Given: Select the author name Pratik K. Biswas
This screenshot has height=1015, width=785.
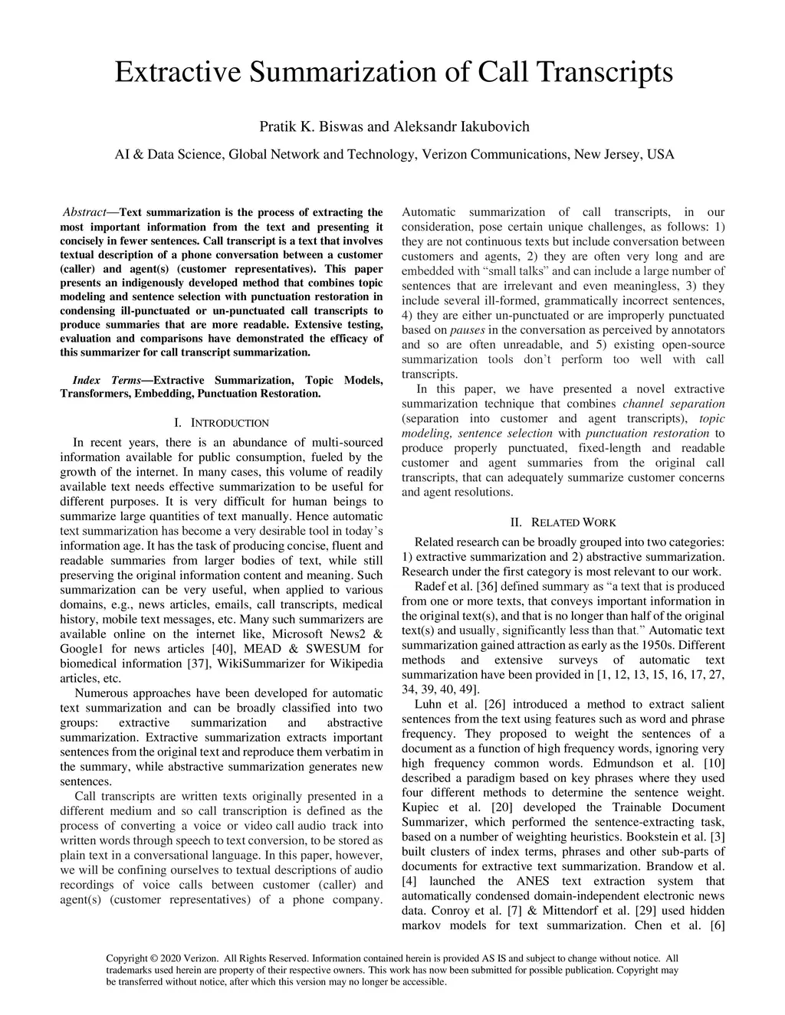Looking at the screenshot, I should (x=310, y=126).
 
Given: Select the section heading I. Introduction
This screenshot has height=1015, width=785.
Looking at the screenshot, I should (x=222, y=423).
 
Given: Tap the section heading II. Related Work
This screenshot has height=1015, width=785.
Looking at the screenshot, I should (x=563, y=522).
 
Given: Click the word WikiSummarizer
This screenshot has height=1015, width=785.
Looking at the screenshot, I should (x=266, y=663).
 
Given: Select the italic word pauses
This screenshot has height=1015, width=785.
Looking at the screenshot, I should (x=467, y=330).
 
